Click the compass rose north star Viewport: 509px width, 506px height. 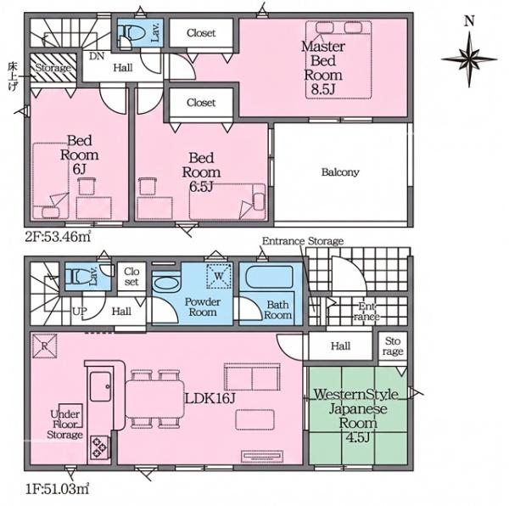tap(469, 59)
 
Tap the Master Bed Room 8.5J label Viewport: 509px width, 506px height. tap(323, 68)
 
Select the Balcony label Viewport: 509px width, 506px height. tap(340, 171)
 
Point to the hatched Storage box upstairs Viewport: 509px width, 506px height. tap(53, 68)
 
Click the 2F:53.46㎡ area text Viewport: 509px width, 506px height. tap(58, 237)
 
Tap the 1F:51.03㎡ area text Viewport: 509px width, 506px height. tap(58, 488)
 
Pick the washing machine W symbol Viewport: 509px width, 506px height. tap(219, 276)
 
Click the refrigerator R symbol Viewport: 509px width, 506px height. tap(44, 346)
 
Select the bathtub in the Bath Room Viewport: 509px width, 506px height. tap(270, 277)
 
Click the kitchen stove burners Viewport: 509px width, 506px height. tap(100, 447)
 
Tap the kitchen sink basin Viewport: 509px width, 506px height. tap(100, 386)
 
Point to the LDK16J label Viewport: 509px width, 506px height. tap(210, 398)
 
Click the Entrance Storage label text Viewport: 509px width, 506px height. tap(303, 241)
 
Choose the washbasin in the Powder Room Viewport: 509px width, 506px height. tap(165, 284)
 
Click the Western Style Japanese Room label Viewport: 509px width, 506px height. tap(357, 416)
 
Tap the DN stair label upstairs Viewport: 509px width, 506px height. tap(97, 56)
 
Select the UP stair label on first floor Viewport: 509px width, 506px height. tap(80, 311)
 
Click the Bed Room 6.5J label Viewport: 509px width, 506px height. tap(201, 172)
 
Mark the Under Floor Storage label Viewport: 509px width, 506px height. tap(65, 424)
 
